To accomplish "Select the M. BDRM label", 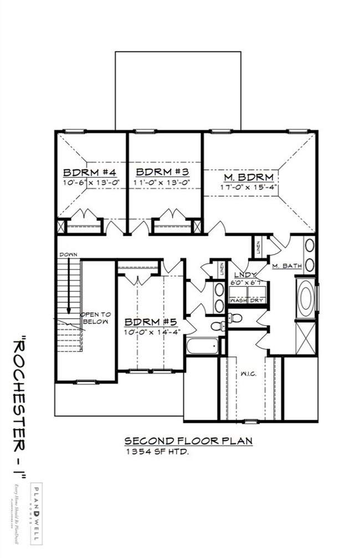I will tap(249, 177).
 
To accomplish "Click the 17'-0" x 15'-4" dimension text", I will tap(249, 188).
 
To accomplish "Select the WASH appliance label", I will tap(238, 301).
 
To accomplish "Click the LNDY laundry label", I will tap(244, 275).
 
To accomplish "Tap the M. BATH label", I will tap(286, 266).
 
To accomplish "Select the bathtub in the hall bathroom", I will tap(202, 346).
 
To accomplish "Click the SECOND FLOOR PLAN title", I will tap(188, 441).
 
